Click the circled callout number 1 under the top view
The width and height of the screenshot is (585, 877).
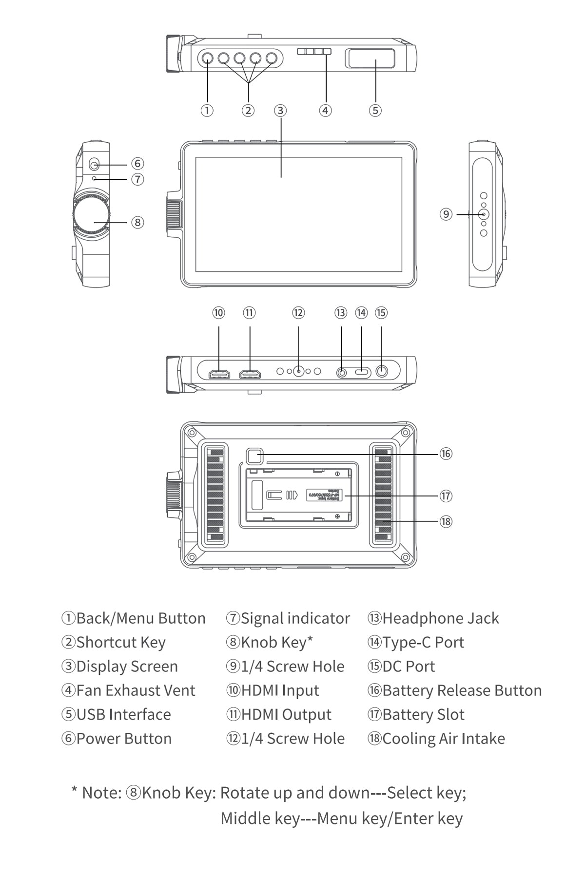coord(207,111)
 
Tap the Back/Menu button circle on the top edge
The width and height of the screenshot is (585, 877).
coord(207,58)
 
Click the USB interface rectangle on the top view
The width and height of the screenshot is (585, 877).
coord(370,58)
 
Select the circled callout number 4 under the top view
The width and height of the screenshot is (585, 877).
coord(325,111)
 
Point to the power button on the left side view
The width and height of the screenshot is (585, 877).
coord(94,165)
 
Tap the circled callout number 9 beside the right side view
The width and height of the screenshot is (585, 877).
coord(446,214)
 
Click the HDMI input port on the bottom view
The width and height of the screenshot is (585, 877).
coord(219,374)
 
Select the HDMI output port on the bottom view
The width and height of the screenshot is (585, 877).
coord(250,374)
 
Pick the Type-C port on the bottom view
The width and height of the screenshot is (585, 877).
coord(362,372)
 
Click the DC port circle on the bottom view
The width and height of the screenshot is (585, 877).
coord(382,372)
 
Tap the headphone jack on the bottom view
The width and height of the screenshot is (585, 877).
coord(342,373)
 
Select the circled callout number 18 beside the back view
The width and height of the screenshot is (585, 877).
coord(446,521)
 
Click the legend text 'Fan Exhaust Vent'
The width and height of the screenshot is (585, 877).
coord(136,690)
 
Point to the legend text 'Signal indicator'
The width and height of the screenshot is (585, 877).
coord(295,618)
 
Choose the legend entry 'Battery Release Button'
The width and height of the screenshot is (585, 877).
coord(462,690)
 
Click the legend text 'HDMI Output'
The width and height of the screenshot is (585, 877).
coord(286,715)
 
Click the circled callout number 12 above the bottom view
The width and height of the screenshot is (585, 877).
coord(298,313)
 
